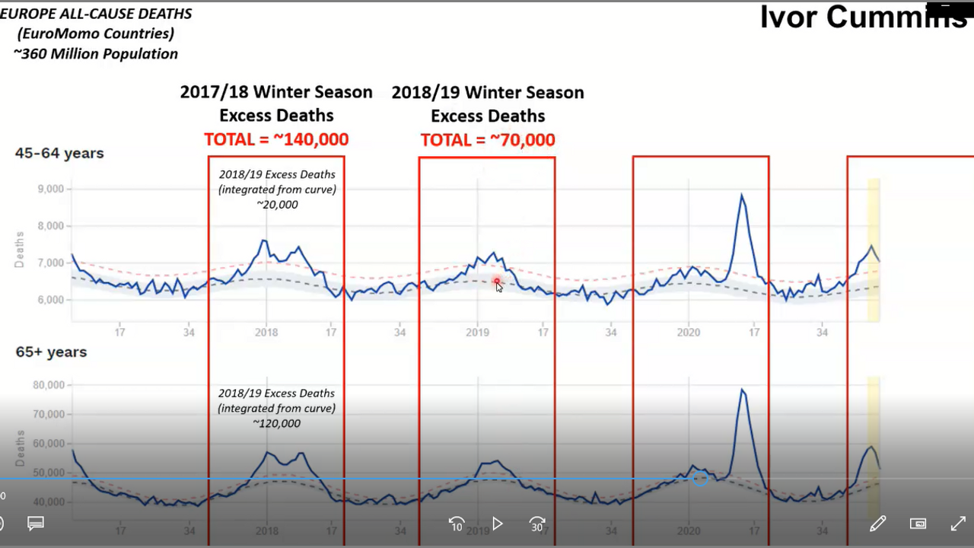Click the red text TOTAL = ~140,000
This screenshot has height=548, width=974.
276,140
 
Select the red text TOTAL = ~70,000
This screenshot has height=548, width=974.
488,141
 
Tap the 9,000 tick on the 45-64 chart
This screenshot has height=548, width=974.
51,189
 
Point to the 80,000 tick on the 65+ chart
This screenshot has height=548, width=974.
47,385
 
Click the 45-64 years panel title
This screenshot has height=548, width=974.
59,153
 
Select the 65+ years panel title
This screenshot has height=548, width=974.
52,352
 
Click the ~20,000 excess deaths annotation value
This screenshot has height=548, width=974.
276,205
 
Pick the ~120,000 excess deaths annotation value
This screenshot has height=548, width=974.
276,423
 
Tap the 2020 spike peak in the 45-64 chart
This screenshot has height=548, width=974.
741,196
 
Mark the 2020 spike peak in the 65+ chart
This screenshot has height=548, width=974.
742,390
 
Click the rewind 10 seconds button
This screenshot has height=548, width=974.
457,524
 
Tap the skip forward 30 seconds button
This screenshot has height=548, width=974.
537,524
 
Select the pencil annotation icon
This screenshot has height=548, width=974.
877,524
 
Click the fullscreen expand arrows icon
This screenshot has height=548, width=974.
958,524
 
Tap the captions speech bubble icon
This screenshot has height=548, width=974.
36,524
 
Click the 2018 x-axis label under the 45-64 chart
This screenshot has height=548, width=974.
266,333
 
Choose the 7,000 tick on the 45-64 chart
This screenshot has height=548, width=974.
51,263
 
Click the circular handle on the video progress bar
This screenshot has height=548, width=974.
700,479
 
